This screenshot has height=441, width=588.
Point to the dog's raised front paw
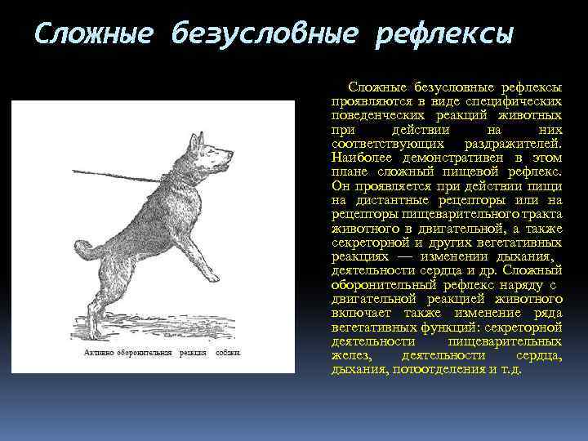click(219, 279)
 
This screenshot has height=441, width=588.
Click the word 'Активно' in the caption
click(99, 353)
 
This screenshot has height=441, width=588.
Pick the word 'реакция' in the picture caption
click(194, 353)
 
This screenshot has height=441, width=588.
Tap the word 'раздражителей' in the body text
click(511, 143)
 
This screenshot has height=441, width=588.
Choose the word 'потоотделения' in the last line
click(435, 369)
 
